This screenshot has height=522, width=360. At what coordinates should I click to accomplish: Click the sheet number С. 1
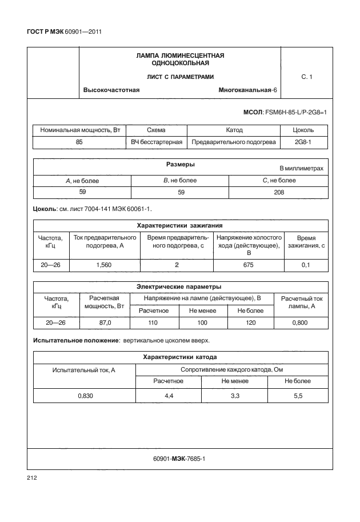(x=306, y=77)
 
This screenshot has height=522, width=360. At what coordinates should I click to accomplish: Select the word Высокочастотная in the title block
(x=111, y=90)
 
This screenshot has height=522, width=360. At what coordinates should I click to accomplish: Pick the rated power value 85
(x=79, y=141)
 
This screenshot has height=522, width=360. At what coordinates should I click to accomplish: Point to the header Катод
(x=234, y=130)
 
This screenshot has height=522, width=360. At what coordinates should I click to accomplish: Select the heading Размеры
(x=181, y=164)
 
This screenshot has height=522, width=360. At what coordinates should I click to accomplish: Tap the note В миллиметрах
(x=301, y=169)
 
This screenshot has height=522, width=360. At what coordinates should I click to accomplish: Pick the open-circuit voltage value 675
(x=249, y=265)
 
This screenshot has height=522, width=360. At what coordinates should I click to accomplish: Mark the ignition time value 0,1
(x=306, y=265)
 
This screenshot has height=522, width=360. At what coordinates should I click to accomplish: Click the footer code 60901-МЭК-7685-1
(x=179, y=459)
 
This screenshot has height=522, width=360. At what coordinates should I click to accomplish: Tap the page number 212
(x=31, y=477)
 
